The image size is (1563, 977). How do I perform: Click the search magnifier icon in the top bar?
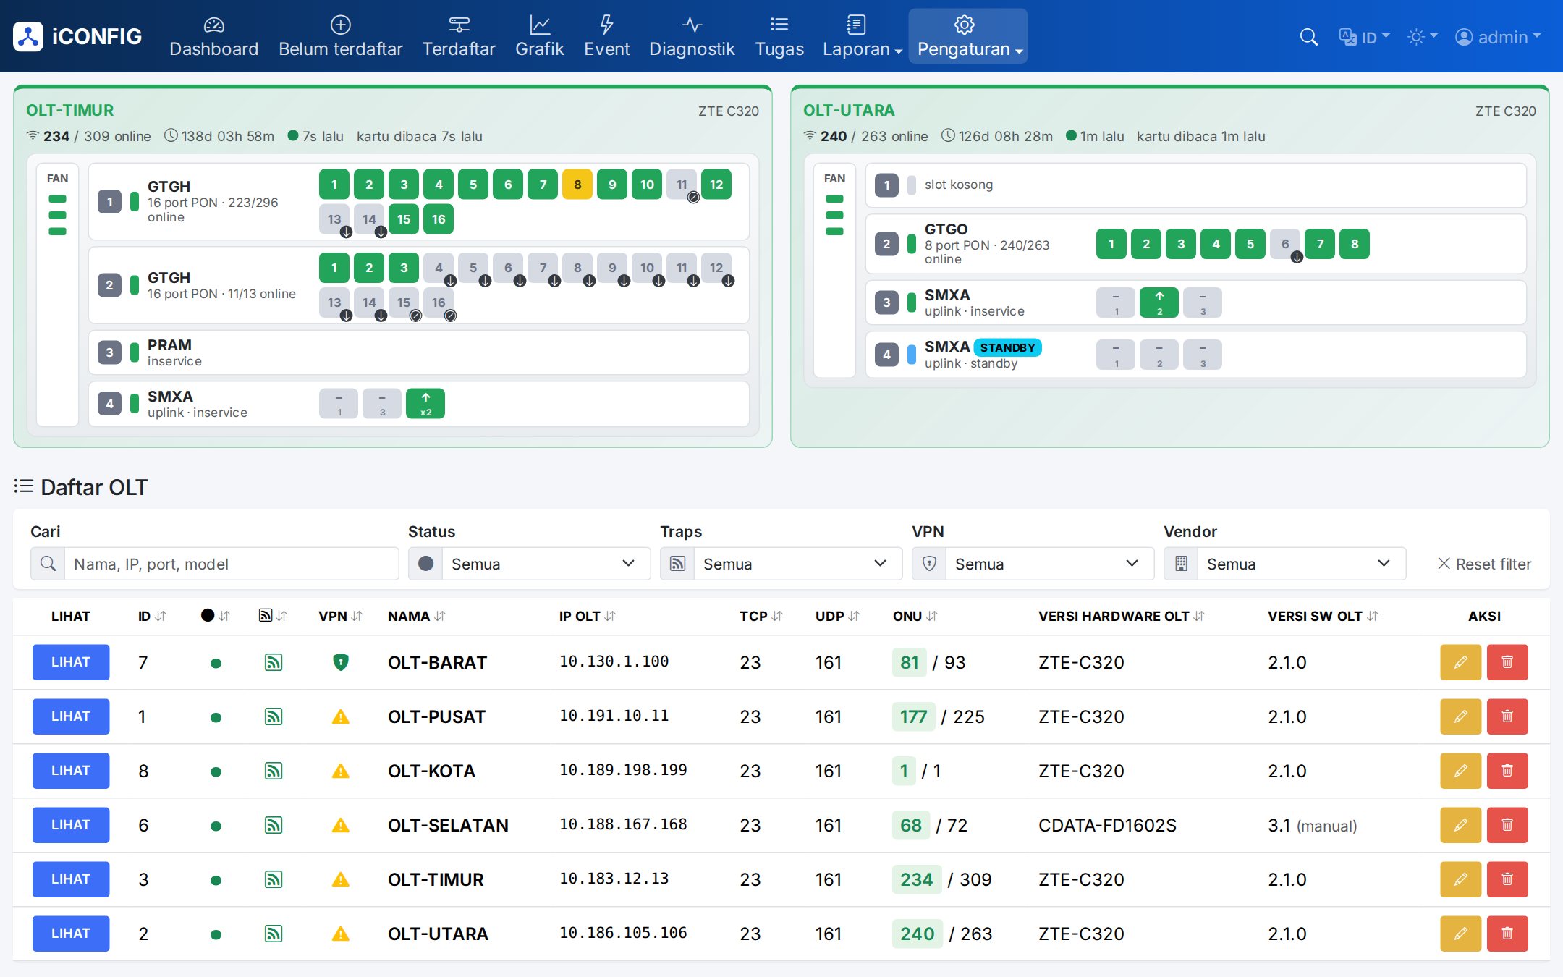pyautogui.click(x=1308, y=37)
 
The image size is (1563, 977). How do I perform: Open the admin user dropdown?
pyautogui.click(x=1498, y=37)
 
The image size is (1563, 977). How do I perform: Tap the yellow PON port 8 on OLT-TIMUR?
pyautogui.click(x=577, y=185)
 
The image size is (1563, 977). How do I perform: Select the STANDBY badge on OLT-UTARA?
pyautogui.click(x=1007, y=347)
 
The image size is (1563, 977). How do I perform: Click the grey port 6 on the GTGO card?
pyautogui.click(x=1285, y=244)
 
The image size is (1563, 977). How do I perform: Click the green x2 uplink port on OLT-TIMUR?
pyautogui.click(x=425, y=404)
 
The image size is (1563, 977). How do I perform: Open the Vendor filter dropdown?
pyautogui.click(x=1284, y=564)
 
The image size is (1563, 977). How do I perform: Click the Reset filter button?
pyautogui.click(x=1484, y=564)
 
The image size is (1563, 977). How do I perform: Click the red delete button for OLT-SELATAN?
pyautogui.click(x=1507, y=825)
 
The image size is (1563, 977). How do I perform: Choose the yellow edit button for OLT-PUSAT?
pyautogui.click(x=1461, y=716)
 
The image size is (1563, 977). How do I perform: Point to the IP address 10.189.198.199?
pyautogui.click(x=623, y=770)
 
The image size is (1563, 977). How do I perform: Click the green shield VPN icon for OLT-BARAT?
pyautogui.click(x=341, y=662)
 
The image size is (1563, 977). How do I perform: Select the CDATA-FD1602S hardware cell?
pyautogui.click(x=1107, y=825)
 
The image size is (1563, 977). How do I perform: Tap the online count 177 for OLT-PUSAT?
pyautogui.click(x=913, y=716)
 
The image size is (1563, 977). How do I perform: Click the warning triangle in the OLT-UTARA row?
pyautogui.click(x=341, y=934)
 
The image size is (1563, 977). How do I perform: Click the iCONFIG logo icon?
pyautogui.click(x=28, y=37)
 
